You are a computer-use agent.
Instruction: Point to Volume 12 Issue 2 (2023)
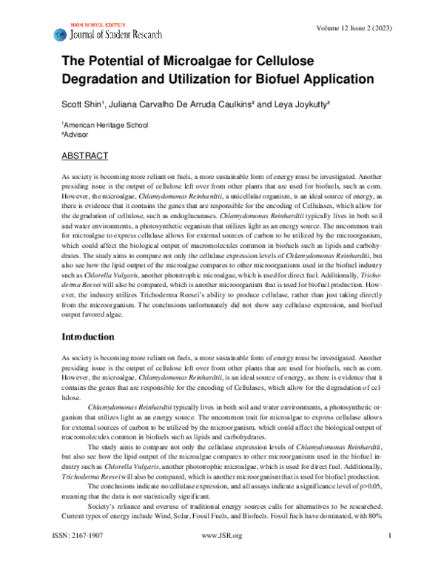pos(353,28)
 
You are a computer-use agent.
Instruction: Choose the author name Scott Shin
pos(81,105)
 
